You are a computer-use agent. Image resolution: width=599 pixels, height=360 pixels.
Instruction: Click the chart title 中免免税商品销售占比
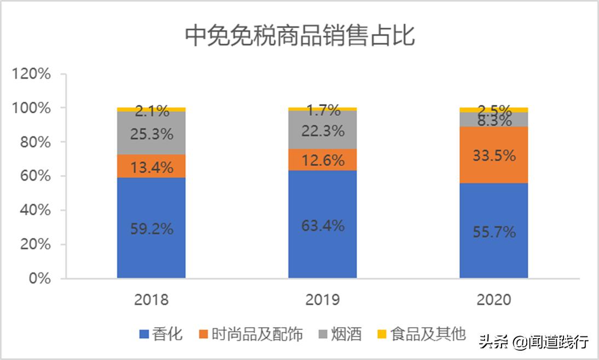pos(299,36)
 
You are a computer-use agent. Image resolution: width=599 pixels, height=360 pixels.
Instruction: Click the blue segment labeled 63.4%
pos(322,225)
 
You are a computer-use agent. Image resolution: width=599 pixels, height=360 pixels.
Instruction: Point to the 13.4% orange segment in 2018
pos(152,166)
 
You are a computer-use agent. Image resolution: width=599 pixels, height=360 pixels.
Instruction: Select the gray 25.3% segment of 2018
pos(152,133)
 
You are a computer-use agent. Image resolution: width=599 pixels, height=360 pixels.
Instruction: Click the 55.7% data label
pos(493,232)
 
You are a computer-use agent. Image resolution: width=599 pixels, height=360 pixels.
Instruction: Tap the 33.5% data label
pos(493,155)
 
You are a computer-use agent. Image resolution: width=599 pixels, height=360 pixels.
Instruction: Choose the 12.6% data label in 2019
pos(322,160)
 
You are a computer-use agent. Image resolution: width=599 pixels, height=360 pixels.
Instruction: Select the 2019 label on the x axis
pos(322,300)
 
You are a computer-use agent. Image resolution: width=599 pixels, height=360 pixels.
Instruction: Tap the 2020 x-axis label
pos(493,300)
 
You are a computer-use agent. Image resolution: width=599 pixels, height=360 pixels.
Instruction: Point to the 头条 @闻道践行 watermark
pos(534,342)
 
